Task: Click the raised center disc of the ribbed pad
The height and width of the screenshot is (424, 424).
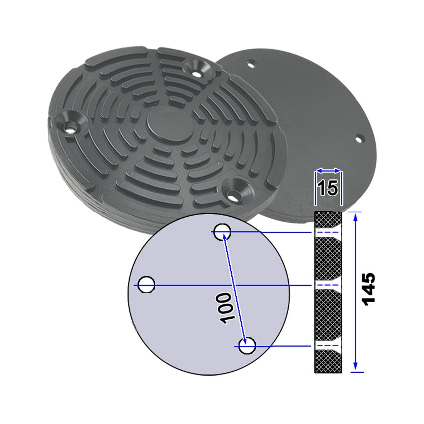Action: (170, 126)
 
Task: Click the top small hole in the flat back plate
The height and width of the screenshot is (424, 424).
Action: (251, 65)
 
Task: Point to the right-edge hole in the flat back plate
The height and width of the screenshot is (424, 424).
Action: (359, 140)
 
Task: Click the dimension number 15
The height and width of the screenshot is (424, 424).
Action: (328, 188)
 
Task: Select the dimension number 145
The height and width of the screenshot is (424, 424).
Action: (369, 289)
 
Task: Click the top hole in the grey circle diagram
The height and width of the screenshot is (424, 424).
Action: (222, 232)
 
